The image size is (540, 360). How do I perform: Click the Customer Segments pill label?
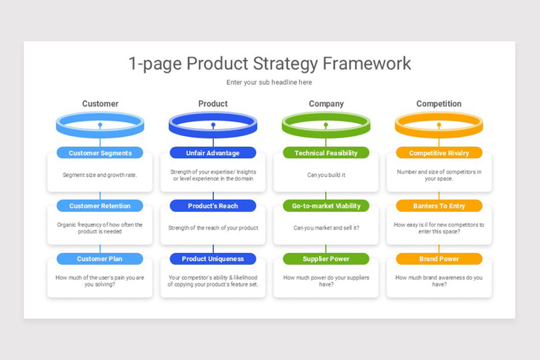coord(100,153)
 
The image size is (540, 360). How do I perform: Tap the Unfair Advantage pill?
coord(213,153)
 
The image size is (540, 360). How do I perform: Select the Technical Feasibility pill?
coord(326,153)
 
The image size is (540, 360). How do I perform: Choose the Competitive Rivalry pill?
coord(439,153)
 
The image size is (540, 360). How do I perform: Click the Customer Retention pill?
coord(100,206)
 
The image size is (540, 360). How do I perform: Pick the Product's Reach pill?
coord(213,206)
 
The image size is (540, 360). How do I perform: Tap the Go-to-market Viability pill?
coord(326,206)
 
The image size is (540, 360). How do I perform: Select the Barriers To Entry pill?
coord(439,206)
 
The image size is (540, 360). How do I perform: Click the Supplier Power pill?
coord(326,259)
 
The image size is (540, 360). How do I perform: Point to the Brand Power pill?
coord(439,259)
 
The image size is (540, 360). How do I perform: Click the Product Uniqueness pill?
coord(213,259)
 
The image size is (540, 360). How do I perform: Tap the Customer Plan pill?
coord(100,259)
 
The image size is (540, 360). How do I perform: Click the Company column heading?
coord(326,104)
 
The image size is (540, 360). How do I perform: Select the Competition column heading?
coord(439,104)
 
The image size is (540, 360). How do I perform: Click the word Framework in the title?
coord(367,63)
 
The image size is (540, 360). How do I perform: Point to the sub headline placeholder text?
coord(269,82)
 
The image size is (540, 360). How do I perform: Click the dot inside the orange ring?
coord(439,125)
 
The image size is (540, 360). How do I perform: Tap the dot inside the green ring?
coord(326,125)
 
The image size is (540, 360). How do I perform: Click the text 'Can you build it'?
coord(326,175)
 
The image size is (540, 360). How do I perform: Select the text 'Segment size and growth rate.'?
coord(100,175)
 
